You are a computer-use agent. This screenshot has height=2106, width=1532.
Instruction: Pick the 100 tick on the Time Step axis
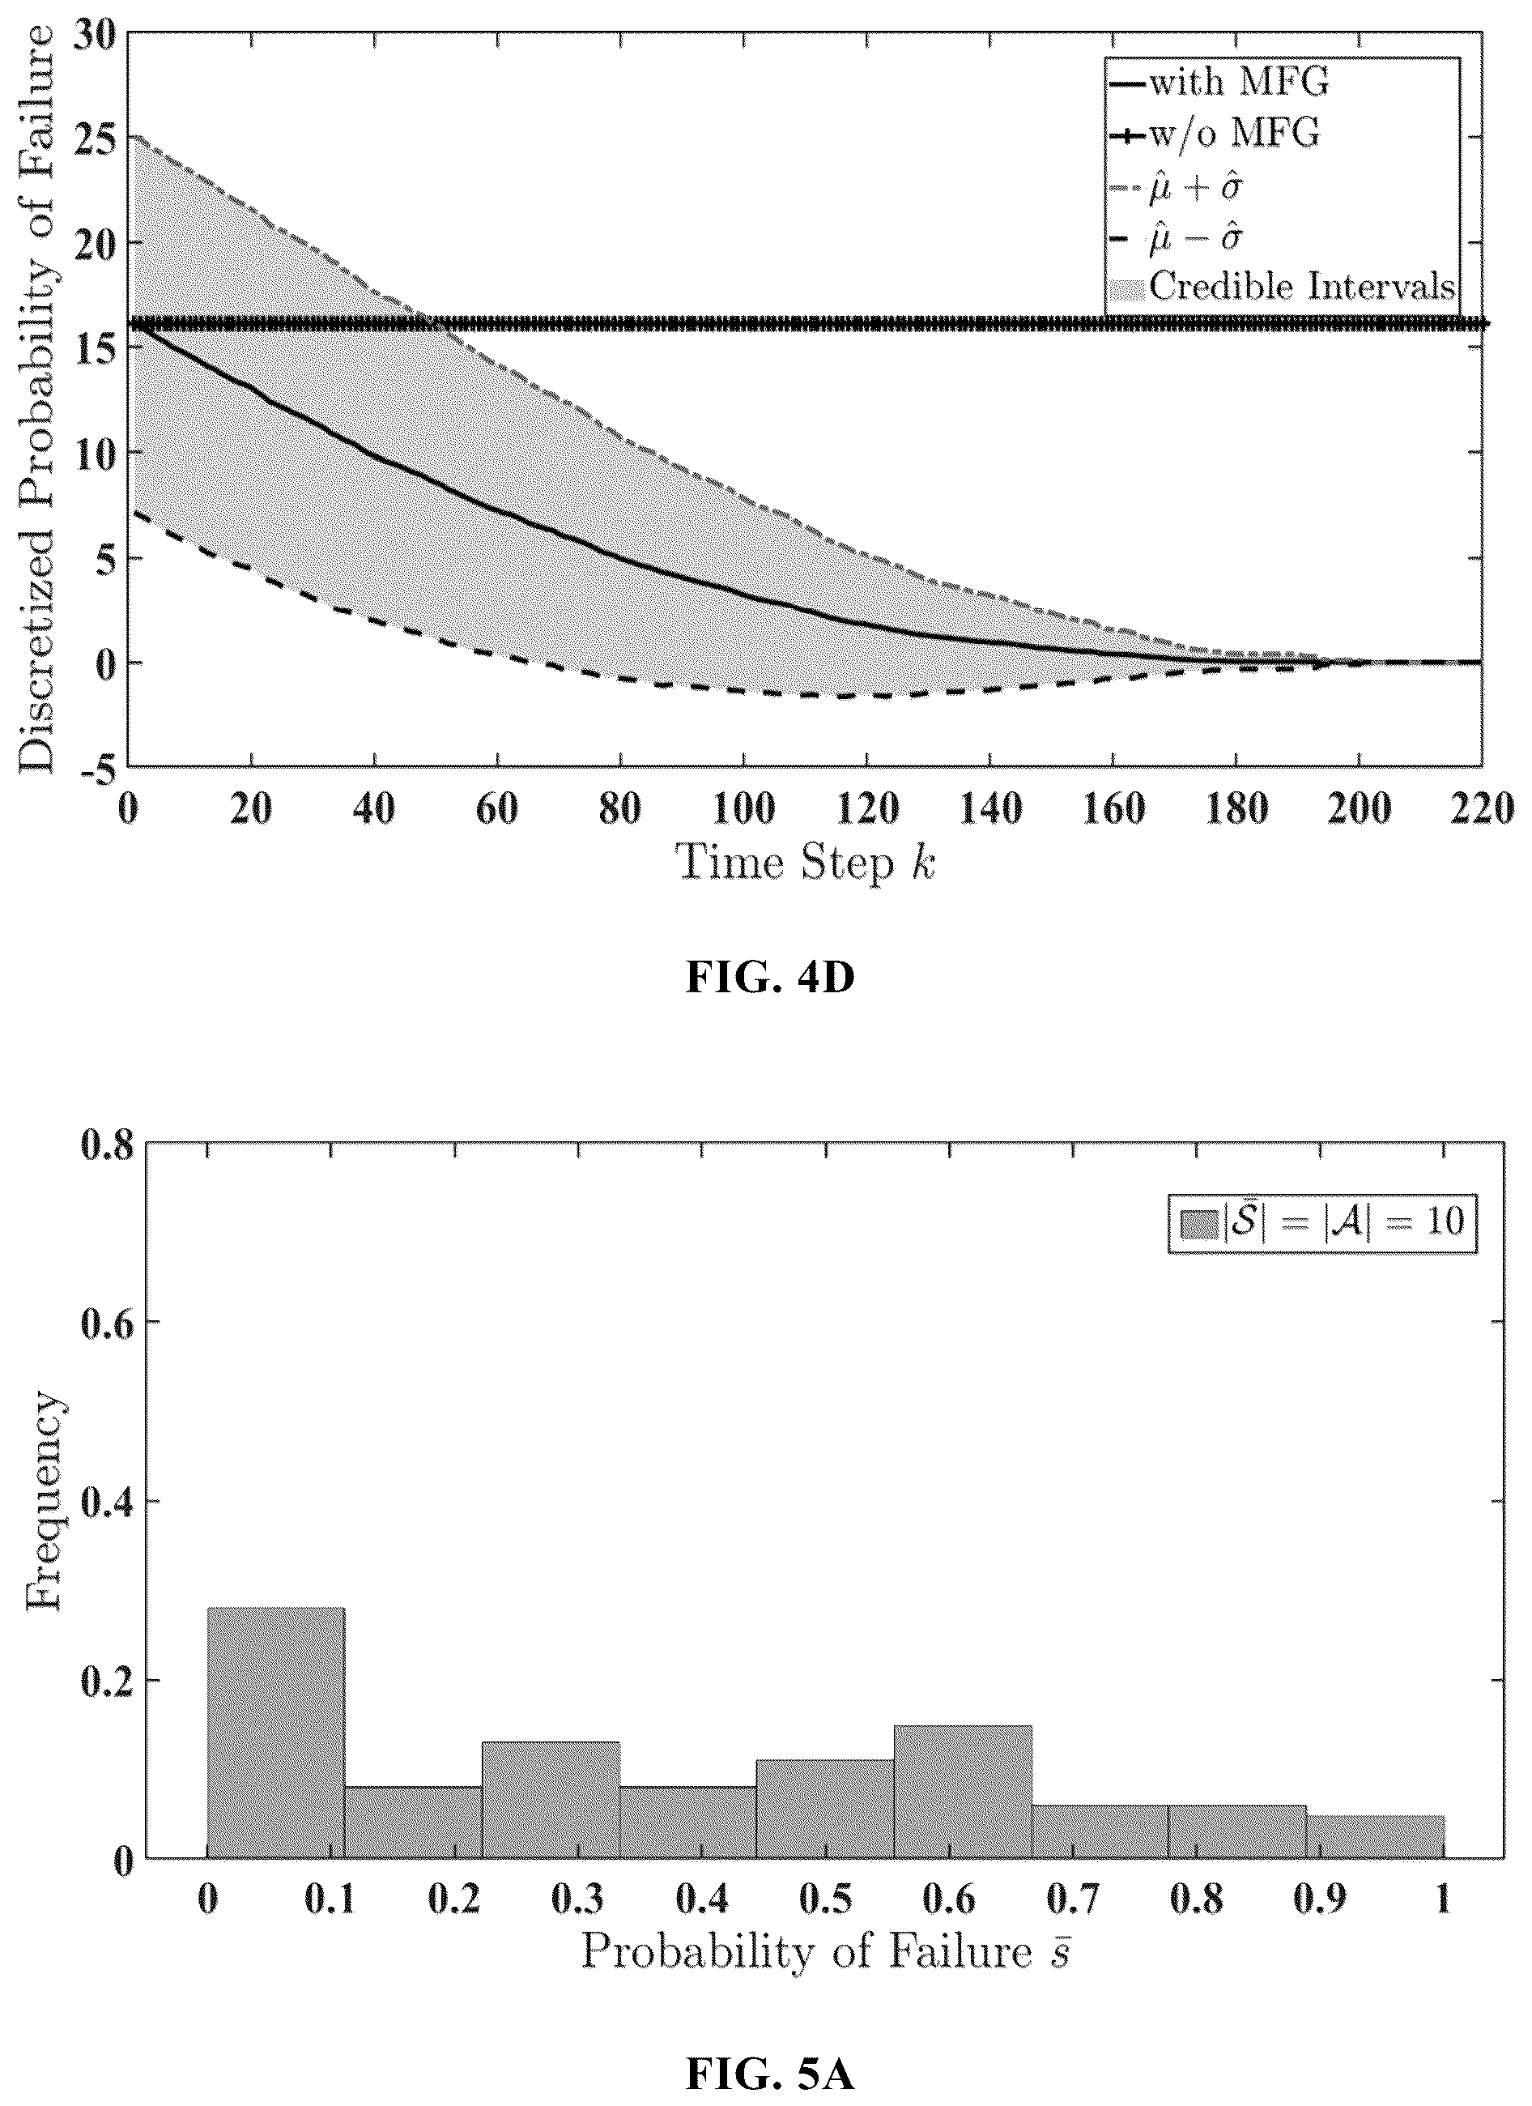pyautogui.click(x=743, y=811)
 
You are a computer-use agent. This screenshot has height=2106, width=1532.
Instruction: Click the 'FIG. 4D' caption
pyautogui.click(x=770, y=978)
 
